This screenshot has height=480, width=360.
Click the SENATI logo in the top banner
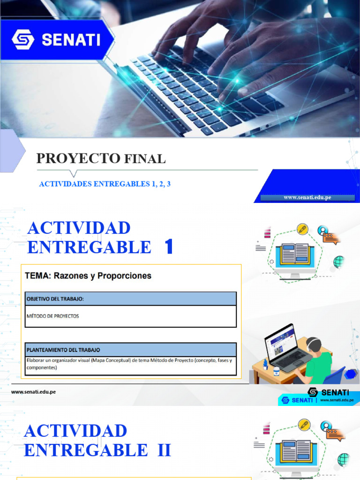[56, 39]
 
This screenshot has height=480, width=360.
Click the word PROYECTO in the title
[78, 159]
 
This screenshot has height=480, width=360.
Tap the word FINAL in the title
[145, 159]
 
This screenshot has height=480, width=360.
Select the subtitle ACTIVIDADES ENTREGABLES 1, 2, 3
[105, 184]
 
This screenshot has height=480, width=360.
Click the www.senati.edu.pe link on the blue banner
[307, 197]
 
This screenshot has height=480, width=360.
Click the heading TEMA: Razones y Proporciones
[88, 276]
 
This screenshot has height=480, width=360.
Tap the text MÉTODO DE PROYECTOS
[52, 316]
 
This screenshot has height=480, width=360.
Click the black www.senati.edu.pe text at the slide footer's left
[33, 391]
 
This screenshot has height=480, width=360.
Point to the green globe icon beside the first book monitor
[338, 261]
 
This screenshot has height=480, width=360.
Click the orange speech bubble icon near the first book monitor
[330, 238]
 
